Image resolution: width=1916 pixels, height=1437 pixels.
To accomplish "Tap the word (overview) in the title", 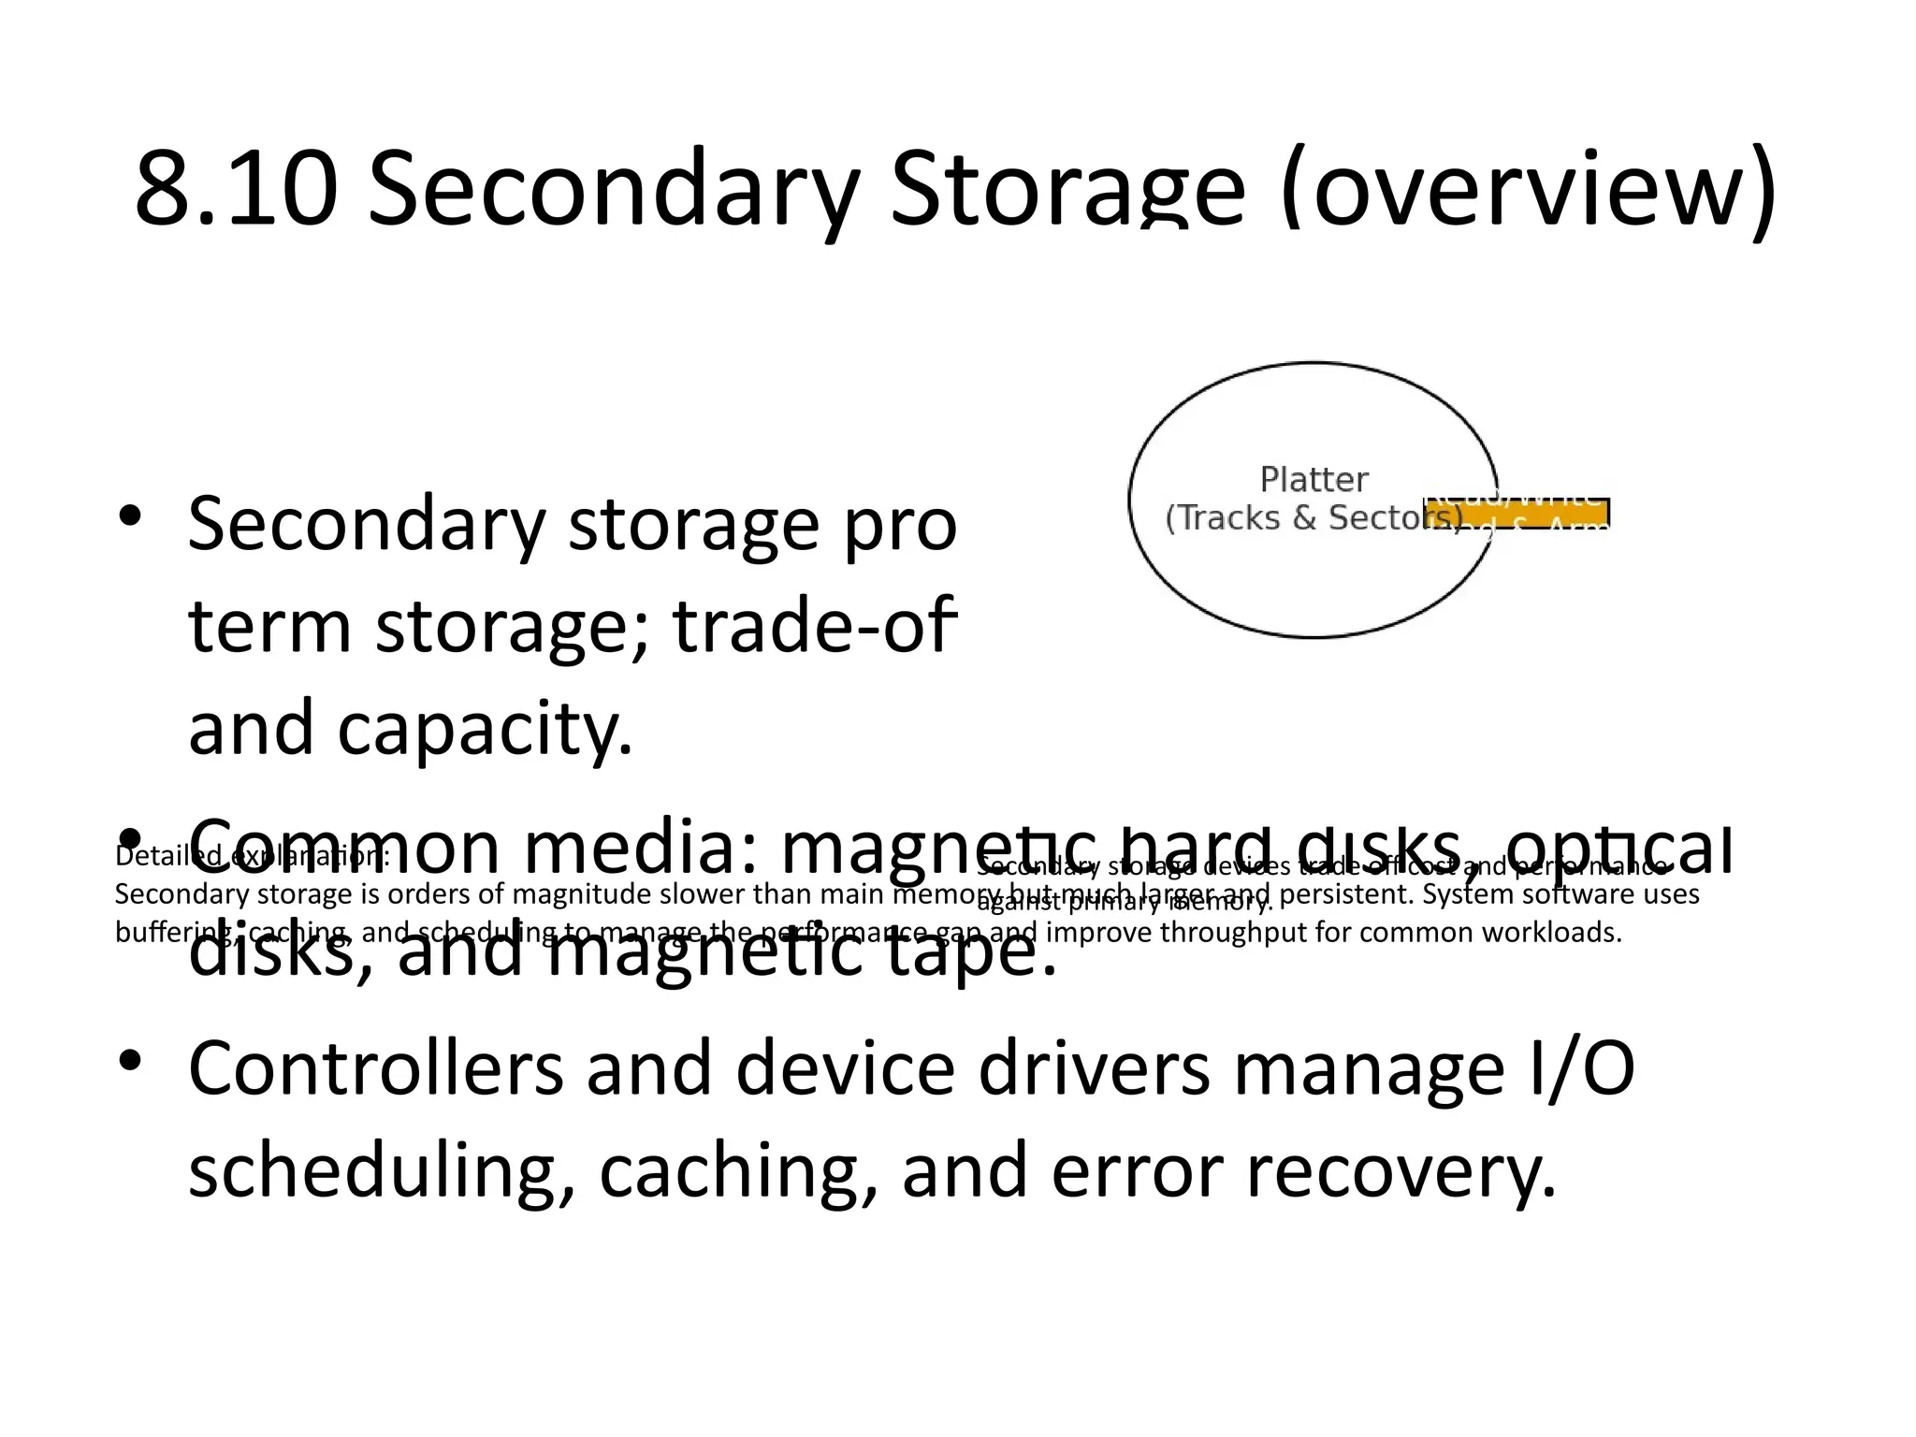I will pyautogui.click(x=1527, y=190).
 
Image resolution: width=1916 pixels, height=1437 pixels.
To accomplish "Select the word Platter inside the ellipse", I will pyautogui.click(x=1314, y=480).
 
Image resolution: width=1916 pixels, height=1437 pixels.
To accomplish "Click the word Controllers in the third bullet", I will pyautogui.click(x=376, y=1068).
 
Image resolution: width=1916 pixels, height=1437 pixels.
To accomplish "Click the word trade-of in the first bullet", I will pyautogui.click(x=815, y=626).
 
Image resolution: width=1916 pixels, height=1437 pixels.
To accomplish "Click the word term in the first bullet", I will pyautogui.click(x=269, y=626).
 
